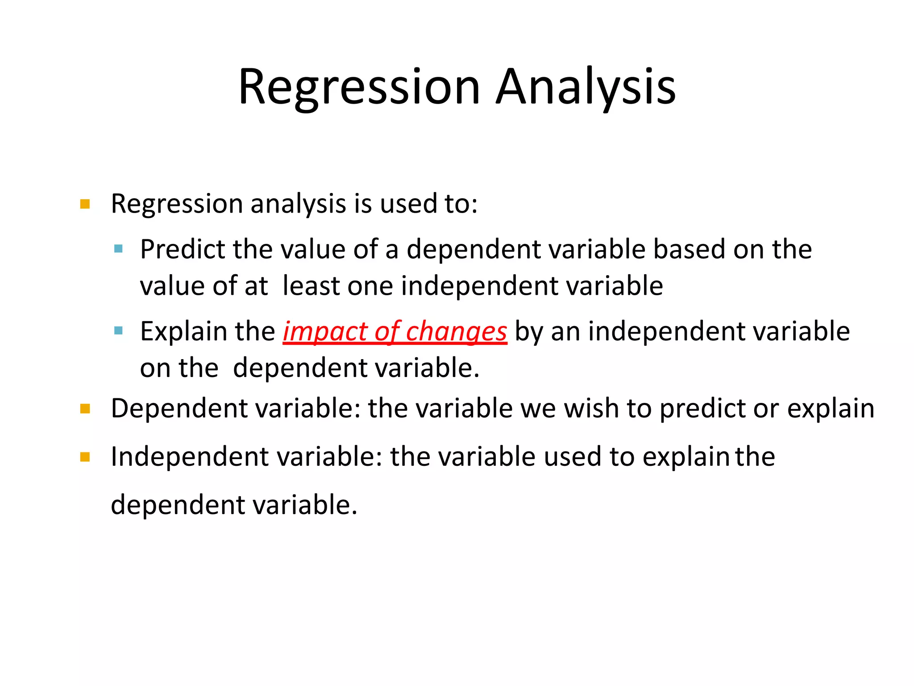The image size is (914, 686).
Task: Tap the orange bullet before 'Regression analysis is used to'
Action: click(85, 205)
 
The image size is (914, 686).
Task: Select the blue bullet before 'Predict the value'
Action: click(118, 249)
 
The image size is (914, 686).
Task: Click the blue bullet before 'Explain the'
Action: click(118, 331)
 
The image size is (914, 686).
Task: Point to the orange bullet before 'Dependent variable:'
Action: click(85, 409)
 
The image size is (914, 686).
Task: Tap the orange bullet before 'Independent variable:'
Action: click(85, 457)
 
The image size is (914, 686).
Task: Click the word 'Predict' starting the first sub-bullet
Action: click(182, 249)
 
